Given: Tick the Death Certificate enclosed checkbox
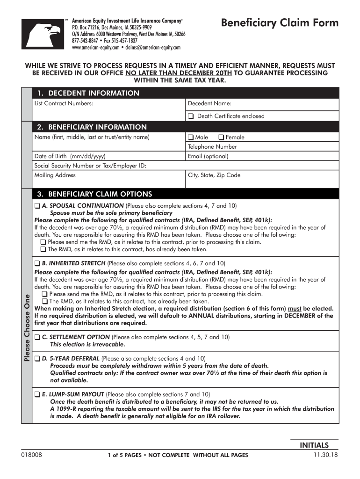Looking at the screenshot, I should (x=191, y=116).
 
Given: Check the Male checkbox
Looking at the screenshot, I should (x=191, y=138).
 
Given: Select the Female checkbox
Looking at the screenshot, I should (x=222, y=138).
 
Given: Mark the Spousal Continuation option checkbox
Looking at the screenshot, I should (x=37, y=206).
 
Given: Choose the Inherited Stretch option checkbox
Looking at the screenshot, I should (x=37, y=263).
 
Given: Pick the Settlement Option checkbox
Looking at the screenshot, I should (x=37, y=337).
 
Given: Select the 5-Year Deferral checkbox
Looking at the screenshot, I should (x=37, y=359).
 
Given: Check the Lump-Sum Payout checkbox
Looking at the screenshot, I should (x=37, y=394).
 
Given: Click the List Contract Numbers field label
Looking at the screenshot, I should (x=64, y=103).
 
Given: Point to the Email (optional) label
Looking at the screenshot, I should (x=208, y=156).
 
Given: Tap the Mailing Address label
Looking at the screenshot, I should (x=55, y=175).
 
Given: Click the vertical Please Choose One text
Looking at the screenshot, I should (x=27, y=327).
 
